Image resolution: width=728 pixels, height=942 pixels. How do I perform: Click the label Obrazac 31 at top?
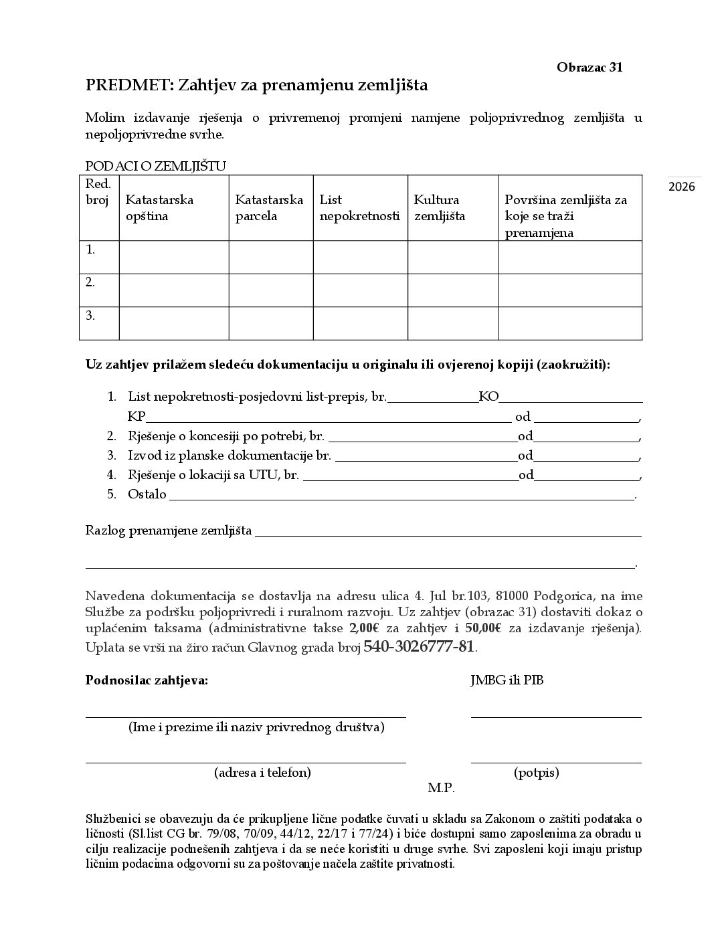click(x=589, y=68)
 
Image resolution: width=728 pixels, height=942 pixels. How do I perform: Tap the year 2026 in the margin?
click(x=682, y=187)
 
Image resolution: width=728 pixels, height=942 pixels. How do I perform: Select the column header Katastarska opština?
click(x=159, y=208)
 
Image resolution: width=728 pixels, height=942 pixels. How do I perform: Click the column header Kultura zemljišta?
click(x=439, y=208)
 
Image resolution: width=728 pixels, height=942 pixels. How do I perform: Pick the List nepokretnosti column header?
click(x=359, y=208)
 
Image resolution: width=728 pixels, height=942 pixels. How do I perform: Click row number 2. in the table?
click(x=91, y=282)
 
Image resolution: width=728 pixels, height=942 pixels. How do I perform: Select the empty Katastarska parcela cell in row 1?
click(x=271, y=257)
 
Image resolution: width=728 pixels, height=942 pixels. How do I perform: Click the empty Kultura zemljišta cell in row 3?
click(x=453, y=323)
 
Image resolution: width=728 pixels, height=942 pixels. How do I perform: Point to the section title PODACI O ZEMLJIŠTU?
click(x=156, y=166)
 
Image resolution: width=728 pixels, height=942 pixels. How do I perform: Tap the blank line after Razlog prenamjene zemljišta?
click(x=448, y=531)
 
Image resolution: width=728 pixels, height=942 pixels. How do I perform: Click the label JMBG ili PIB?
click(x=503, y=681)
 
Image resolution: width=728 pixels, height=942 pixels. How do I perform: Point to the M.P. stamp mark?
click(x=442, y=788)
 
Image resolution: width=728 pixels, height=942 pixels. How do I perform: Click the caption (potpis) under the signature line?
click(x=537, y=773)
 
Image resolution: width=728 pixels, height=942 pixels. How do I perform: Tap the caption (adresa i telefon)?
click(x=263, y=773)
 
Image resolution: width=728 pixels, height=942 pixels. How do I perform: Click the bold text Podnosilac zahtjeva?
click(x=147, y=681)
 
